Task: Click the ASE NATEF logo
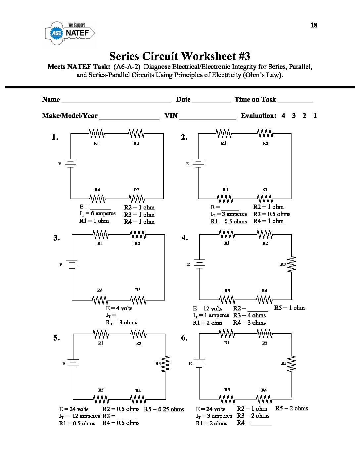(x=70, y=33)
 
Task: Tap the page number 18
(x=314, y=25)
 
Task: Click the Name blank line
(x=116, y=100)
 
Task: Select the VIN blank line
(x=207, y=117)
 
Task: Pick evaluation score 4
(x=283, y=116)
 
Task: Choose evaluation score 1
(x=315, y=116)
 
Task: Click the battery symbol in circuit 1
(x=70, y=163)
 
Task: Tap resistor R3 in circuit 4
(x=292, y=264)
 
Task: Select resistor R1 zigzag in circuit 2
(x=224, y=134)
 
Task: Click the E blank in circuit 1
(x=100, y=208)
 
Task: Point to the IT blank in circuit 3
(x=126, y=316)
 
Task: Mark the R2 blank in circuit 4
(x=257, y=309)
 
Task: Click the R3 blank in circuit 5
(x=127, y=417)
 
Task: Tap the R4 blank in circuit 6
(x=261, y=423)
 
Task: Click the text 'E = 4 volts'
(x=119, y=308)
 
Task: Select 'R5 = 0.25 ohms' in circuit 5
(x=164, y=409)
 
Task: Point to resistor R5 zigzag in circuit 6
(x=227, y=399)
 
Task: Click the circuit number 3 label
(x=57, y=238)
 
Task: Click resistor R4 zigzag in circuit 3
(x=100, y=300)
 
